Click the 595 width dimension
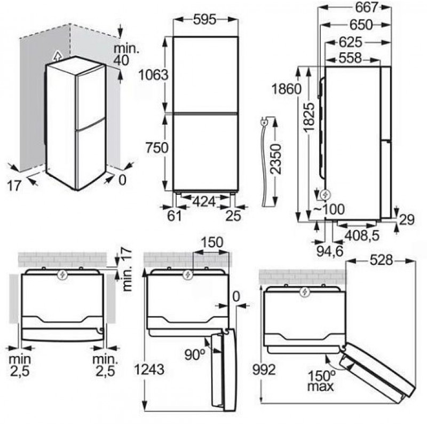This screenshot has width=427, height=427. (205, 20)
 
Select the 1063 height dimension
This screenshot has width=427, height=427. (154, 75)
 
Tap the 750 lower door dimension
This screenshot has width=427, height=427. (157, 148)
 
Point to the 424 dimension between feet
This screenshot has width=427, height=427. (204, 202)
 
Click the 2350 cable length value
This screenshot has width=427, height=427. (275, 159)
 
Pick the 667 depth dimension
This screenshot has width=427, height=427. (367, 7)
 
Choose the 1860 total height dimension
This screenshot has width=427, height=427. (287, 89)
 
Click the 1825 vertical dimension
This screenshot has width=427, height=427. (310, 117)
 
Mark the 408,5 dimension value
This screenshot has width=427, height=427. (362, 235)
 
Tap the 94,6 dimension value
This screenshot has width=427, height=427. (330, 251)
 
